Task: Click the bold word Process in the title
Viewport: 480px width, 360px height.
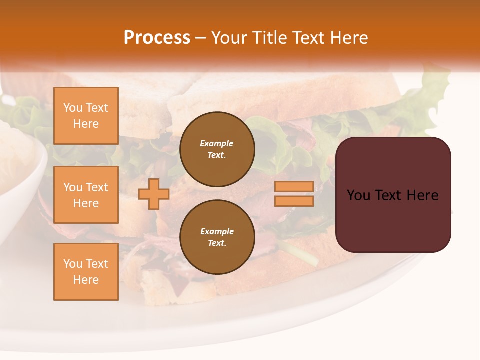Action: [157, 38]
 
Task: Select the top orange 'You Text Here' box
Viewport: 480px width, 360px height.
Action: [86, 116]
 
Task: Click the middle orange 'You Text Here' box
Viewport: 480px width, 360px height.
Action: [86, 195]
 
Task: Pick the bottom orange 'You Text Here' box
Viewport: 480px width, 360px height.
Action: [86, 272]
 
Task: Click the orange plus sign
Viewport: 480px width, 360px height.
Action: [153, 194]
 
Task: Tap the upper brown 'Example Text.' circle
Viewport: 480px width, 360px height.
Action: [217, 149]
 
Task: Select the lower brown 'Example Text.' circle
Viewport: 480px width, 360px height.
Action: [217, 237]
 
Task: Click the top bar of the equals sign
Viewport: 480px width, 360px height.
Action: [294, 186]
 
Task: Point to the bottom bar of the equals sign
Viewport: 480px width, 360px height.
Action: [294, 201]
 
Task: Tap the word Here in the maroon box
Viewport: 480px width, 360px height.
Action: [422, 195]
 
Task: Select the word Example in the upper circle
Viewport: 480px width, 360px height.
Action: [217, 144]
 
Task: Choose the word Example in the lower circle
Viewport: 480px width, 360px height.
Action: [217, 232]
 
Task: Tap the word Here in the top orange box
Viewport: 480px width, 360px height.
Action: [86, 124]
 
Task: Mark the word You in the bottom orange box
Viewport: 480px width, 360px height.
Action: [73, 264]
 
